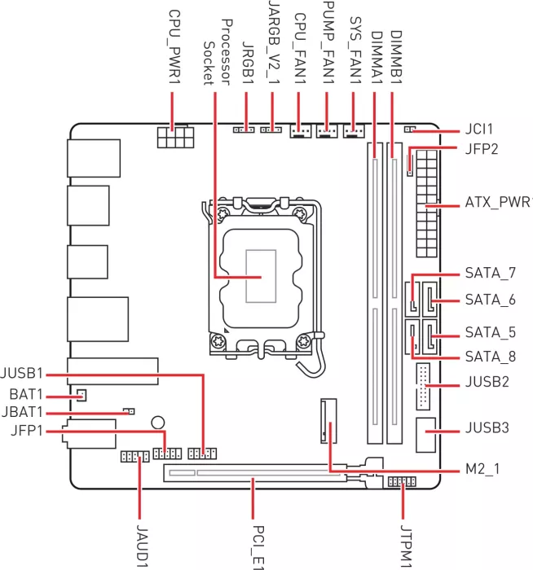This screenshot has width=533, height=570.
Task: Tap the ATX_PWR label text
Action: pos(497,201)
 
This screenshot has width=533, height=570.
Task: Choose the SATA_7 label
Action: pos(490,273)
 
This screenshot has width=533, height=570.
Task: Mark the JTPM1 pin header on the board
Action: pos(399,482)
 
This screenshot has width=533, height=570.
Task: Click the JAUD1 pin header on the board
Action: pos(134,457)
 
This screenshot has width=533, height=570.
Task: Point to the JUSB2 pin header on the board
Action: pos(424,385)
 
